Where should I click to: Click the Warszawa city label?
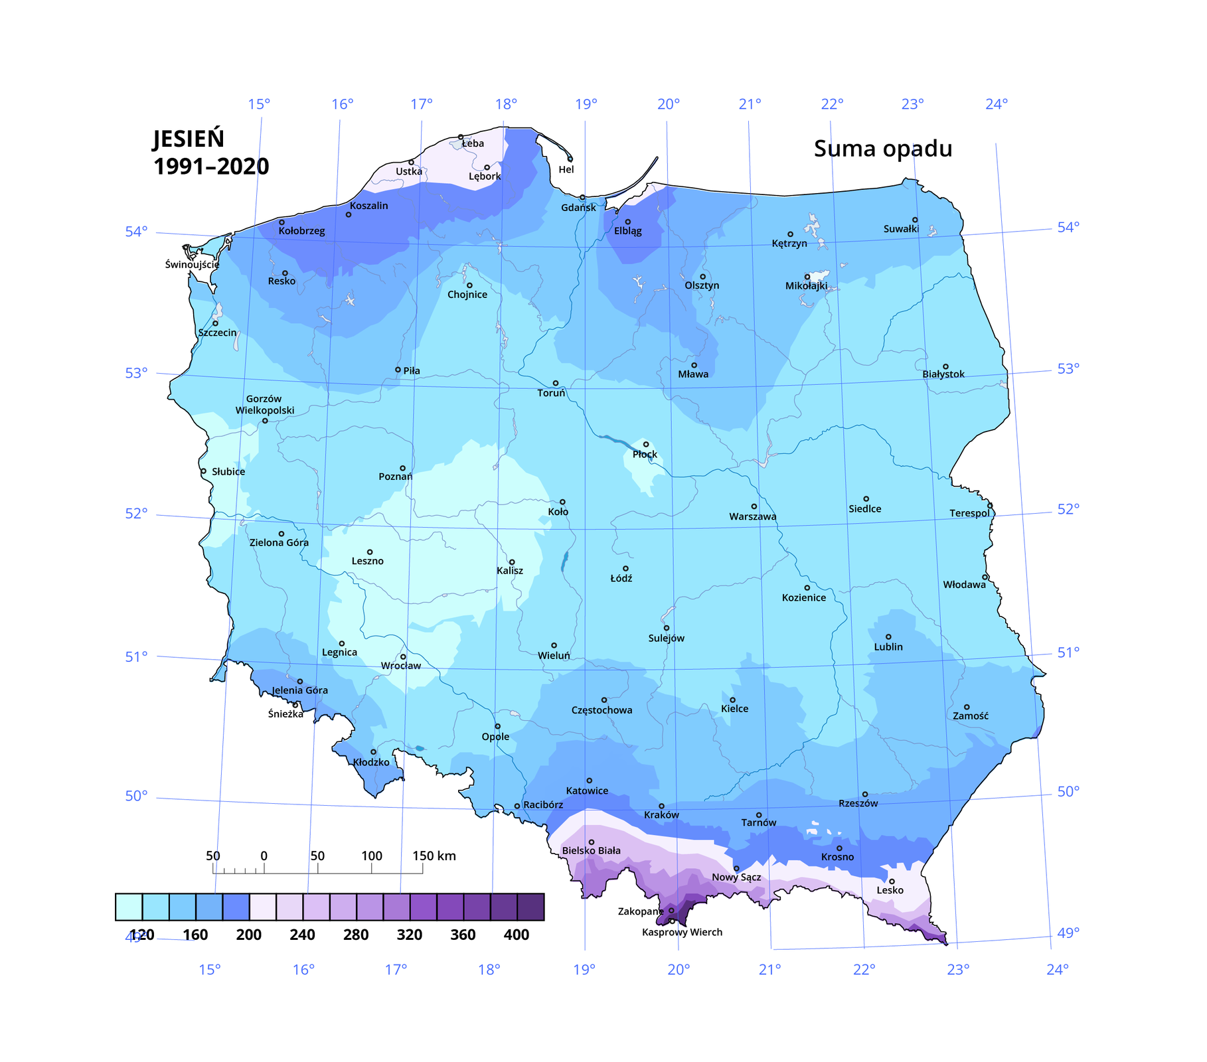(752, 516)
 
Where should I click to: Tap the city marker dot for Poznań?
(402, 469)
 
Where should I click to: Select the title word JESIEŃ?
(189, 139)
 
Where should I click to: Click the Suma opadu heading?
(882, 149)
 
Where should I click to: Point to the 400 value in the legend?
(516, 935)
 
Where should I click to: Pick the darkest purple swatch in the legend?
(530, 907)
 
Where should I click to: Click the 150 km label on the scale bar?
(434, 856)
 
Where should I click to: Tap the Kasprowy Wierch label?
(682, 932)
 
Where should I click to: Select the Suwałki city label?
(901, 229)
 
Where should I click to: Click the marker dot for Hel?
(570, 159)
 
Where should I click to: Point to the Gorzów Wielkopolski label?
(264, 405)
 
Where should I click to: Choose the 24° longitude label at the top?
(996, 104)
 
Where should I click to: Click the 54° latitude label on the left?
(136, 232)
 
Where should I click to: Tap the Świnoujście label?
(192, 264)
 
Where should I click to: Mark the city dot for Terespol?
(990, 506)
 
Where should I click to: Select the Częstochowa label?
(602, 710)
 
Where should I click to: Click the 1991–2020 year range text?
(211, 167)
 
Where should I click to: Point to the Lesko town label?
(890, 890)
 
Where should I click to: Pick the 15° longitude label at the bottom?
(209, 970)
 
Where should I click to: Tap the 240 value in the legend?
(302, 935)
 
